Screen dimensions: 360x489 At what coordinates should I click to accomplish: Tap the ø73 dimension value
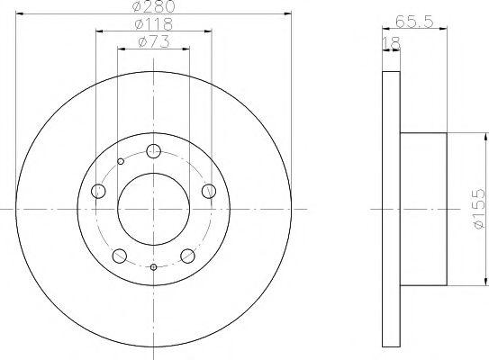tap(154, 42)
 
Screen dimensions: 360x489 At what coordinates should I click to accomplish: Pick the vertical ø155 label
tap(479, 208)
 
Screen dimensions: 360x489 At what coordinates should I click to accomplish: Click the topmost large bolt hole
tap(154, 151)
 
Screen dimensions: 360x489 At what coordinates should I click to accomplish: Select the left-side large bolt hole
tap(98, 191)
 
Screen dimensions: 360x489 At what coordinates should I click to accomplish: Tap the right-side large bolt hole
tap(209, 191)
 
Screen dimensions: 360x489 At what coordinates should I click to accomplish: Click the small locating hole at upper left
tap(121, 163)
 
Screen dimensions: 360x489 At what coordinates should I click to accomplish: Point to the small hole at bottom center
tap(154, 267)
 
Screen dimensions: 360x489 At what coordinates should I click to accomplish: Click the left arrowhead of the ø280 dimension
tap(20, 14)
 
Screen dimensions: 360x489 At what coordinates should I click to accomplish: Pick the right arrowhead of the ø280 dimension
tap(288, 14)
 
